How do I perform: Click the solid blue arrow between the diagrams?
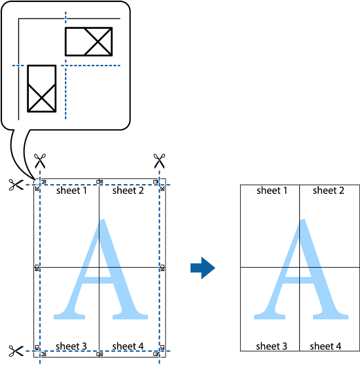(x=202, y=268)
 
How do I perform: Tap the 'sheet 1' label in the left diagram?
(x=71, y=191)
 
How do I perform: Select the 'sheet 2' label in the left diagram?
(x=128, y=191)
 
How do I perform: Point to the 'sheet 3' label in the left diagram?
(x=71, y=346)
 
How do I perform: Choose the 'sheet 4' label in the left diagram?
(x=128, y=346)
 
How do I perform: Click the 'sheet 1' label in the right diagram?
(x=272, y=191)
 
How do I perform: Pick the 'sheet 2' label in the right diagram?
(x=329, y=191)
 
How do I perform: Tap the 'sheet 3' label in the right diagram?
(x=272, y=346)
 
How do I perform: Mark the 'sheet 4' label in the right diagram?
(x=325, y=346)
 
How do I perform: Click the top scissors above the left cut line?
(x=40, y=161)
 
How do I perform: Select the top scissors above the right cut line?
(x=159, y=161)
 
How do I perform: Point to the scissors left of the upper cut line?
(x=16, y=185)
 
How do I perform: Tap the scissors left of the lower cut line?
(x=16, y=351)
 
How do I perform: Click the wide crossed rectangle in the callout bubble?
(x=88, y=41)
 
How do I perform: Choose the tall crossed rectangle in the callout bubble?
(x=42, y=88)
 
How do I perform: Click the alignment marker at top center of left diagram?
(x=99, y=182)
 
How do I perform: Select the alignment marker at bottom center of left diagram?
(x=99, y=354)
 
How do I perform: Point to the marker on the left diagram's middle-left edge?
(x=37, y=268)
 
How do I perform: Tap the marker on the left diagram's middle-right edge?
(x=162, y=268)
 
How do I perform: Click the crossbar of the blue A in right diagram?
(x=298, y=280)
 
